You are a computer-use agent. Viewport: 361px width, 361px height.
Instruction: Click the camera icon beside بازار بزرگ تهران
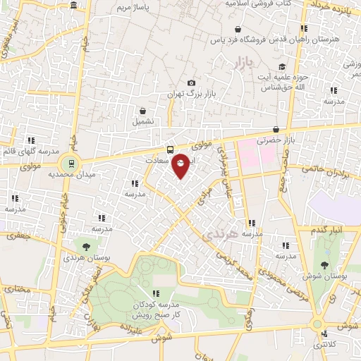point(191,83)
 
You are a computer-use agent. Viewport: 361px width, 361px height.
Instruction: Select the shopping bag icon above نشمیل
point(143,111)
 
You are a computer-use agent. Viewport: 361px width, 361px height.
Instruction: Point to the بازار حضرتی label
point(259,142)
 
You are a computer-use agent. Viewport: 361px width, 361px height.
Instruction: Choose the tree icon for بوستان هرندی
point(86,247)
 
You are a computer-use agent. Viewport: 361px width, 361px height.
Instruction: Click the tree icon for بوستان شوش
point(324,264)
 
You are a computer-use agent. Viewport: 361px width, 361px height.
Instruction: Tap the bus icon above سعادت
point(169,149)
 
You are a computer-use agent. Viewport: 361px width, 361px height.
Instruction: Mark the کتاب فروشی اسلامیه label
point(257,4)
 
